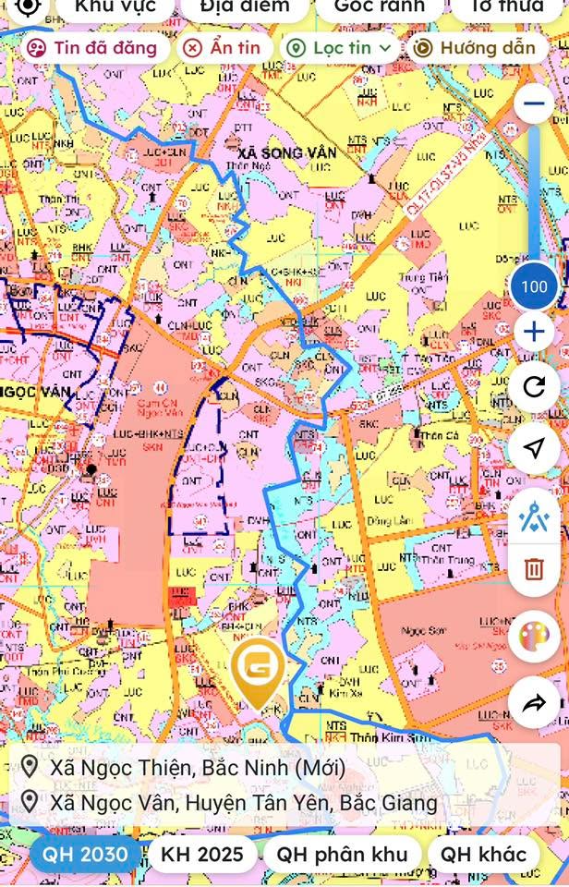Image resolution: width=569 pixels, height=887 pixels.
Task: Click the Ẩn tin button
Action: tap(221, 48)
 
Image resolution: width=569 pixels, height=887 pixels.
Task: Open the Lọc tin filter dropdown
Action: tap(339, 48)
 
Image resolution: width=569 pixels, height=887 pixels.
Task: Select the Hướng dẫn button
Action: tap(474, 48)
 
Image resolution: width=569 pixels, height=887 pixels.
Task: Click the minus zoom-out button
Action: tap(534, 103)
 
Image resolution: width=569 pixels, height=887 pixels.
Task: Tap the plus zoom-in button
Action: tap(534, 332)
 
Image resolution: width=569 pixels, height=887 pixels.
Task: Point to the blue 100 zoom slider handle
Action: tap(534, 286)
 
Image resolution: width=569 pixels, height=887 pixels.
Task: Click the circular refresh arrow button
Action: tap(534, 387)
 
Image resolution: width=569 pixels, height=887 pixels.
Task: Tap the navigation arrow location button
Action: tap(534, 448)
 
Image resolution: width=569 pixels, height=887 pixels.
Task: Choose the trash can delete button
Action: tap(534, 567)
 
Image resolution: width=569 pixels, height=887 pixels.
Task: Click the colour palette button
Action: tap(534, 637)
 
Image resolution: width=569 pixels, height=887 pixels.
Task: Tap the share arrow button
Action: tap(534, 705)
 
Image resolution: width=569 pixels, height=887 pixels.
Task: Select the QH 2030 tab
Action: tap(85, 854)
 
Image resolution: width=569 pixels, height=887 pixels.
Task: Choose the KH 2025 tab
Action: tap(202, 854)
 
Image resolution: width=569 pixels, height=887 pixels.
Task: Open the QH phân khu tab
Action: tap(343, 854)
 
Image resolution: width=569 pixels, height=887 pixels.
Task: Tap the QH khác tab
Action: tap(483, 854)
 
